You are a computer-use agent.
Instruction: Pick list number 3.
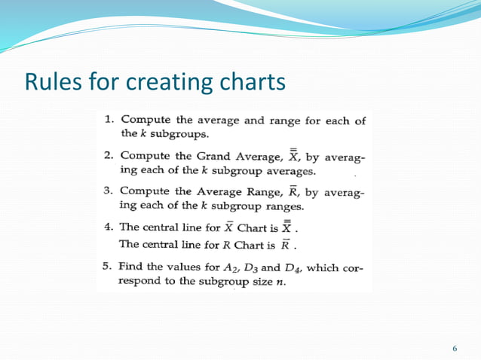[x=109, y=191]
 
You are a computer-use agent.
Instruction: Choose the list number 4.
[x=109, y=227]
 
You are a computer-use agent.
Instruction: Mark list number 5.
[x=109, y=266]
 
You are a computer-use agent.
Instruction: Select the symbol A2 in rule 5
[x=230, y=267]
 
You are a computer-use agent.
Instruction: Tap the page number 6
[x=455, y=348]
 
